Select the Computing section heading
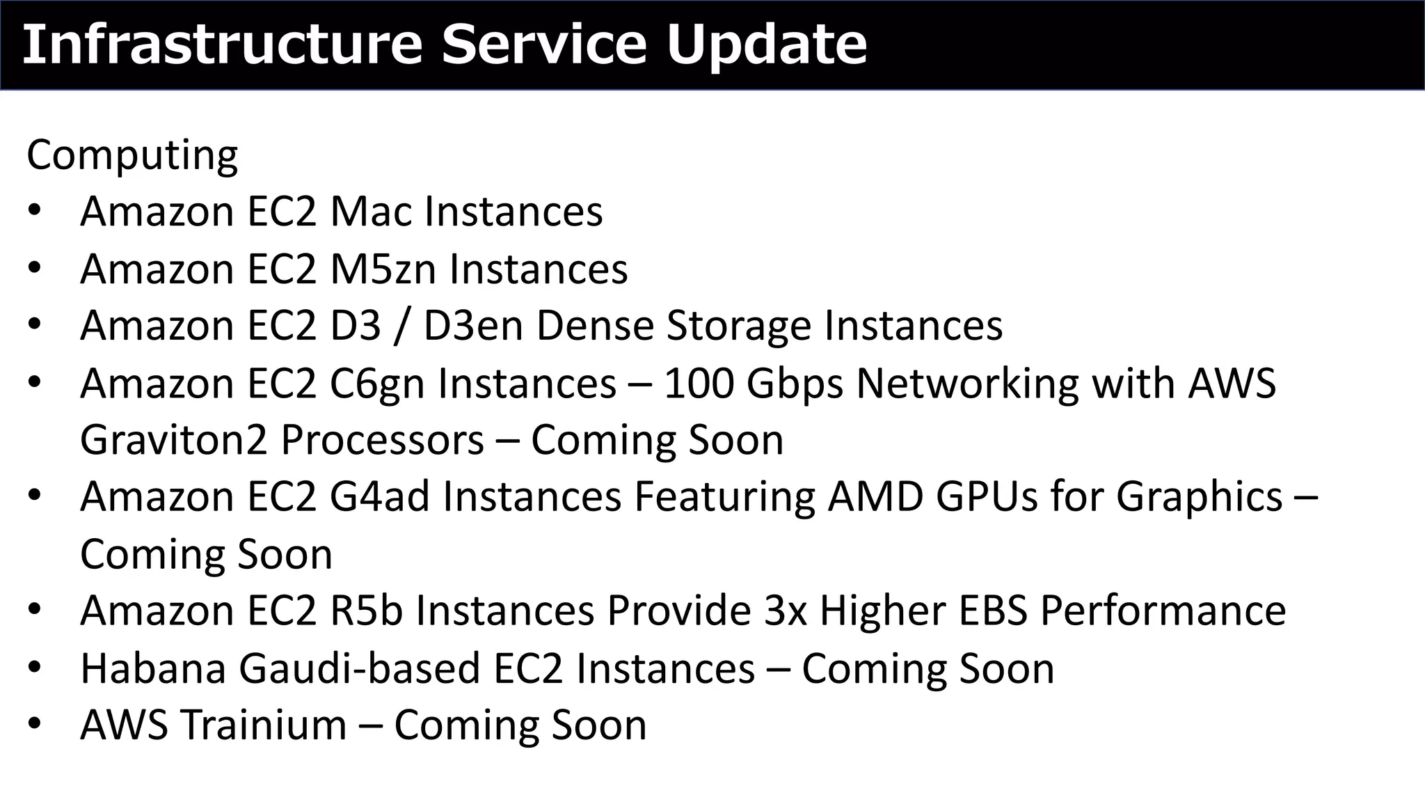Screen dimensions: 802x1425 pos(132,155)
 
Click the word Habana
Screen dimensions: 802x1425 pos(153,668)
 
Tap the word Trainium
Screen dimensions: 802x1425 pos(264,725)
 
